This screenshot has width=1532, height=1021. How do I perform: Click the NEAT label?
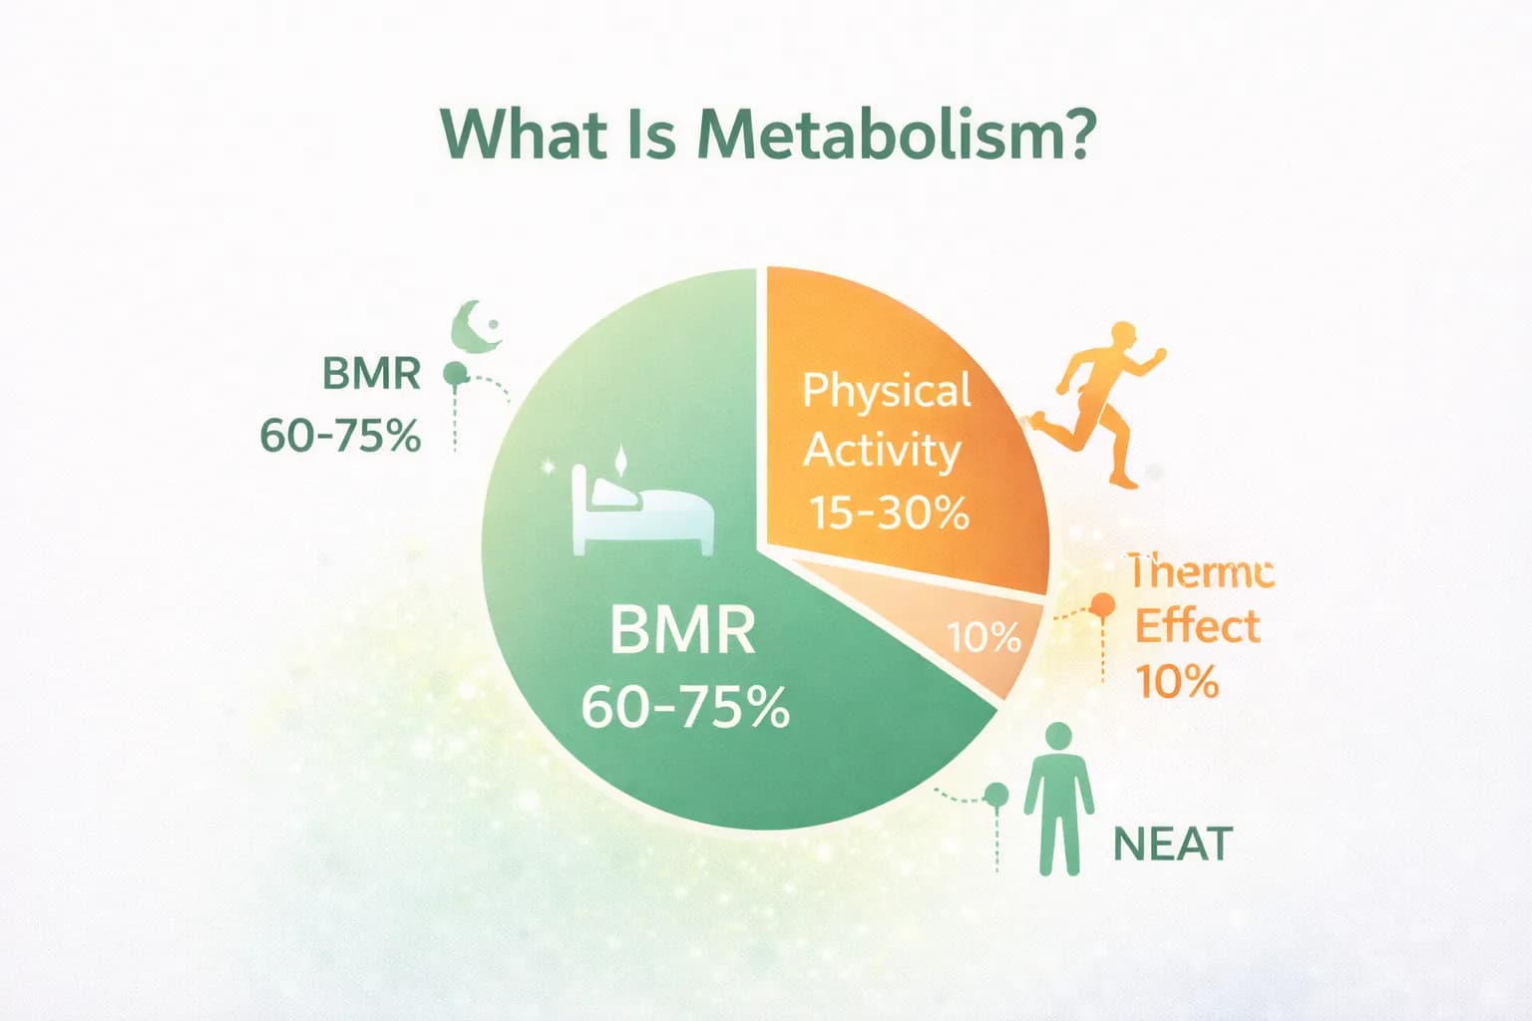[x=1172, y=845]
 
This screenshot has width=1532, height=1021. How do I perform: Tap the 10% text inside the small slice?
[x=983, y=636]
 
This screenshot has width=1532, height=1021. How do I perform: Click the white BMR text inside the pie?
[x=683, y=631]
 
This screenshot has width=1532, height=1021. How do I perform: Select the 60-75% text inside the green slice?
[x=685, y=707]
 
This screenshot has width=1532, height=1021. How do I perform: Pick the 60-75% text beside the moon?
[x=340, y=436]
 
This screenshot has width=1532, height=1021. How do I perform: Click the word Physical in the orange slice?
[x=887, y=390]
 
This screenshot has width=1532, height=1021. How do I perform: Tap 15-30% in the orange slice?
[x=888, y=512]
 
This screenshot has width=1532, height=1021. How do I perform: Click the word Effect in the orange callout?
[x=1197, y=627]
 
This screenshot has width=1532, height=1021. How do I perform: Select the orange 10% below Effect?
[x=1177, y=683]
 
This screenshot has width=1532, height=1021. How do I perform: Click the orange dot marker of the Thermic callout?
[x=1103, y=605]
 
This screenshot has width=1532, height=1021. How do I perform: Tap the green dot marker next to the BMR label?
[x=455, y=375]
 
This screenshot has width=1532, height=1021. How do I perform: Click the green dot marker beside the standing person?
[x=996, y=795]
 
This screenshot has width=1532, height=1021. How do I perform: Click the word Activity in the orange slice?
[x=882, y=451]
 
